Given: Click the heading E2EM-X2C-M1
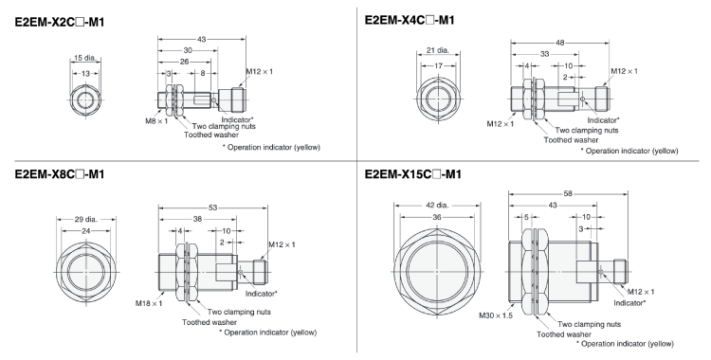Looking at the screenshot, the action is [60, 22].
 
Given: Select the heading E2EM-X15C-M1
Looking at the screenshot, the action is [412, 174].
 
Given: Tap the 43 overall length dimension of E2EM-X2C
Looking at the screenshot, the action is [202, 40].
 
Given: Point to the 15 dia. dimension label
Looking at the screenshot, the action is [85, 58].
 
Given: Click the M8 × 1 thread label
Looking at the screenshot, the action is [156, 121].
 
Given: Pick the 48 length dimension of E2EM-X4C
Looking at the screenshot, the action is [560, 43].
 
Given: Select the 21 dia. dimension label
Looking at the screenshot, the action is [438, 50].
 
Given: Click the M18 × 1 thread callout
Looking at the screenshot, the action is [148, 303].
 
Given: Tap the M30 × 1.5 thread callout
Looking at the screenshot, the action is [496, 315].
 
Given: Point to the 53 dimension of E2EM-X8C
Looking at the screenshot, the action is [212, 207].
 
